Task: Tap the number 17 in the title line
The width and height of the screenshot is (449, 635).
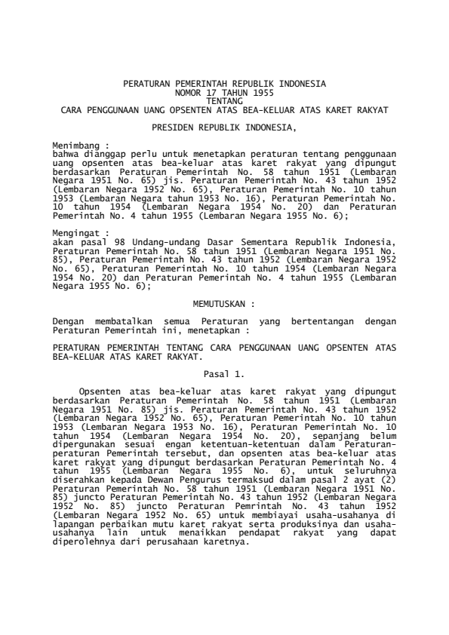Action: tap(211, 91)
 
